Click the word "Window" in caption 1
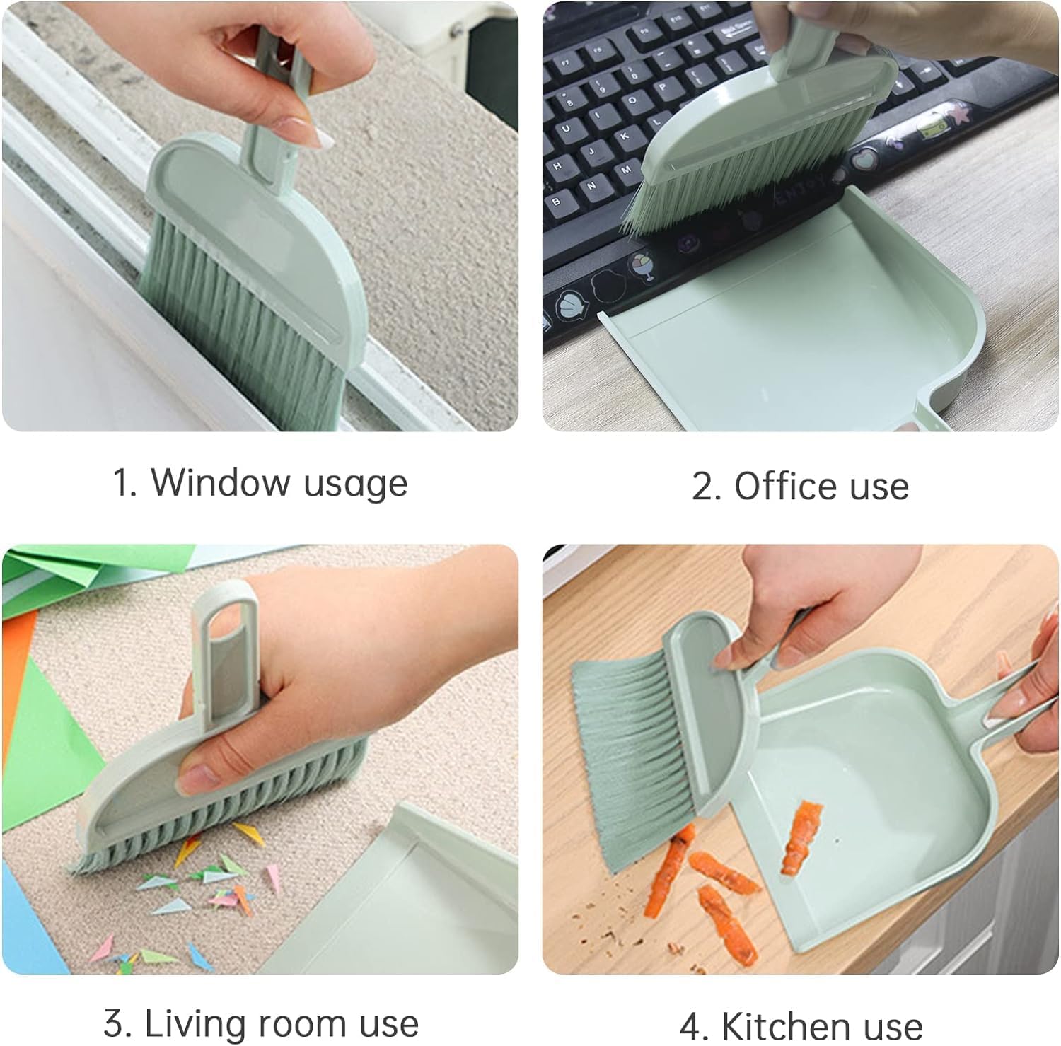(x=221, y=482)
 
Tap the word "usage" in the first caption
(x=356, y=486)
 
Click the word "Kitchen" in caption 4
(x=780, y=1026)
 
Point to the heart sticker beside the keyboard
(x=862, y=160)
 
